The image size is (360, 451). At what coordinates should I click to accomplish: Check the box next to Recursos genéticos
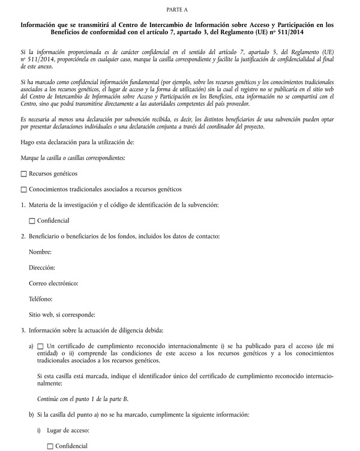[24, 174]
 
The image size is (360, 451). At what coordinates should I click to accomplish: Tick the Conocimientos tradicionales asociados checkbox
[24, 190]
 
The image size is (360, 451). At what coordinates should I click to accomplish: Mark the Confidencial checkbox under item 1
[32, 221]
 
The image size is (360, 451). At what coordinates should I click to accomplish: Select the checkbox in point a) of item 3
[41, 347]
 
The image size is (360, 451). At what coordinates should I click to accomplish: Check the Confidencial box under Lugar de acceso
[50, 446]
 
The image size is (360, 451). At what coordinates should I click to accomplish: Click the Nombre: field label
[40, 252]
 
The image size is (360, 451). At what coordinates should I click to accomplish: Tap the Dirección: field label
[41, 267]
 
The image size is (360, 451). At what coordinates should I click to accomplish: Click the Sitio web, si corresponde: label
[62, 315]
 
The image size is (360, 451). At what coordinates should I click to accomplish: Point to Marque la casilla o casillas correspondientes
[73, 158]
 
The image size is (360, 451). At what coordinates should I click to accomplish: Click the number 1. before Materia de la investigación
[23, 205]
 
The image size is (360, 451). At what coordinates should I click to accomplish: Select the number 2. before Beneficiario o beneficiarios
[23, 236]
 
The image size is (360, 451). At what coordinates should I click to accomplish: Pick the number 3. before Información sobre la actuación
[23, 330]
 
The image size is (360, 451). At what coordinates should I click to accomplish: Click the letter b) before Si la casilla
[31, 415]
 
